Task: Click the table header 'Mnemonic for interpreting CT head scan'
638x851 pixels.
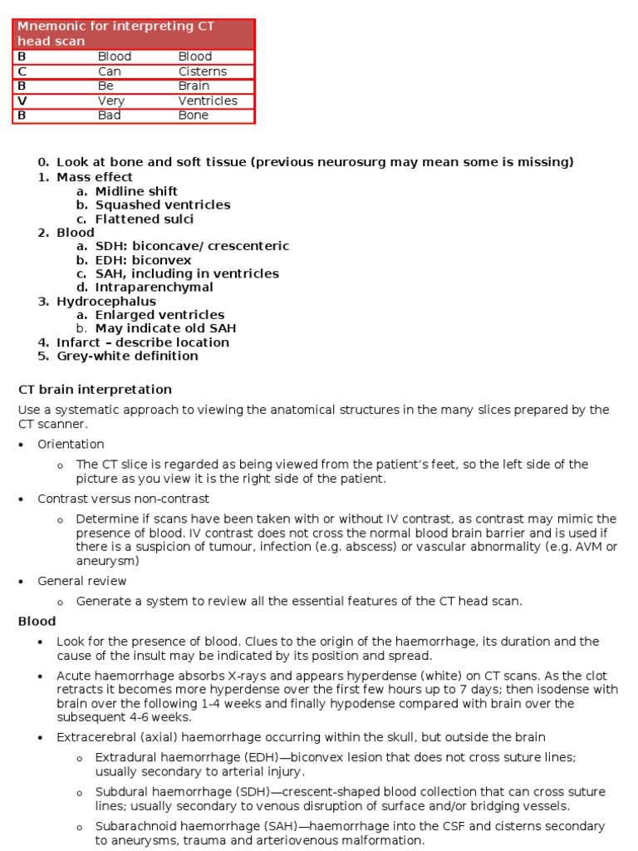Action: point(116,34)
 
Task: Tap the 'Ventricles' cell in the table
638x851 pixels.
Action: point(208,101)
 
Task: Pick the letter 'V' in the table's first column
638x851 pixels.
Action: point(22,101)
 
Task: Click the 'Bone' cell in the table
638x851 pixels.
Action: point(194,116)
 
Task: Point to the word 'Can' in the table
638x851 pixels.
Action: point(110,71)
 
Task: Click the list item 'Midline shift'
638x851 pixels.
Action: point(136,191)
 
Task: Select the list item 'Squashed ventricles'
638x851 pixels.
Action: point(163,205)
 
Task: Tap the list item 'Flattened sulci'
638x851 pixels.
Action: point(145,219)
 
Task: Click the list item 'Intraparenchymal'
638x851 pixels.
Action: point(155,288)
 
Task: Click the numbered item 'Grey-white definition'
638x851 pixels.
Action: point(127,357)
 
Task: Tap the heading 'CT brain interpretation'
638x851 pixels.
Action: point(95,390)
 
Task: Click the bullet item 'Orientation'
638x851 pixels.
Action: point(71,445)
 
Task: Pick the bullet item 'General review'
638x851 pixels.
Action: point(82,581)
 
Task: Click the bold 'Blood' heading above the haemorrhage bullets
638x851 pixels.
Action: point(37,622)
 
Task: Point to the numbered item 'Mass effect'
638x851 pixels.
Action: point(95,177)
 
